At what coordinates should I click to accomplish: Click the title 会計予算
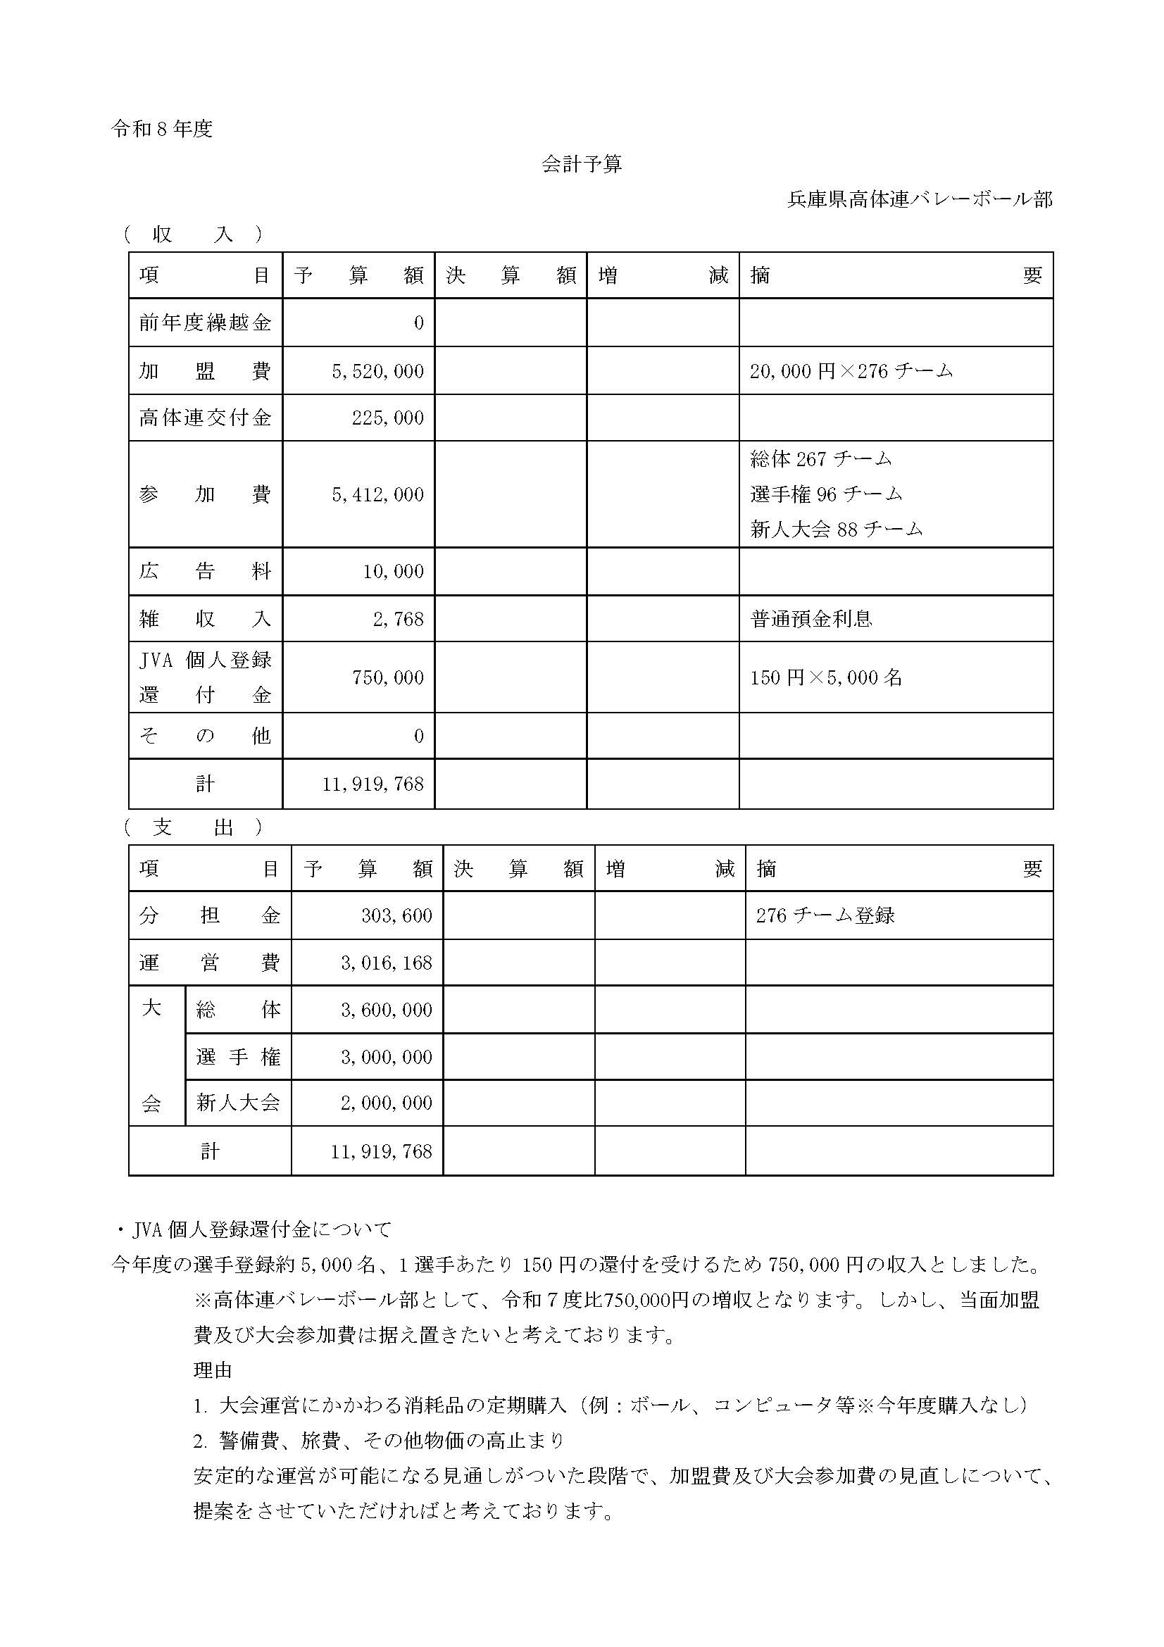[x=581, y=164]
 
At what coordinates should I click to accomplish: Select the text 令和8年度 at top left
[x=162, y=129]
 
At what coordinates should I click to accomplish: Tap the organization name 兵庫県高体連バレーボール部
[x=920, y=199]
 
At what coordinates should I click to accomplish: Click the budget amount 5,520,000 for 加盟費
[x=377, y=372]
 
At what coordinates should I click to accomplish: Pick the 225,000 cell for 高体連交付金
[x=387, y=418]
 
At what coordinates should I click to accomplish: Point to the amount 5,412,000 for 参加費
[x=377, y=495]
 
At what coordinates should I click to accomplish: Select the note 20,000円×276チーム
[x=851, y=372]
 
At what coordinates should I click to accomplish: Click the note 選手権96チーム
[x=826, y=494]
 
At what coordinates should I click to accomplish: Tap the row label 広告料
[x=205, y=572]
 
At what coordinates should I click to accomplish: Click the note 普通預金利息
[x=811, y=619]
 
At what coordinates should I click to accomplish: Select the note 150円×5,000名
[x=826, y=678]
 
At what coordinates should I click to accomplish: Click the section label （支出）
[x=193, y=828]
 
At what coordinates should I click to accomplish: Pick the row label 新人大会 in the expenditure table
[x=237, y=1103]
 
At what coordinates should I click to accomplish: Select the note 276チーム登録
[x=825, y=916]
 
